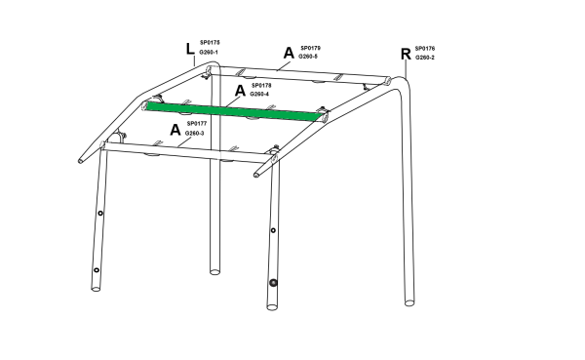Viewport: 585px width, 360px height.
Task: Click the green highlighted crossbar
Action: click(234, 111)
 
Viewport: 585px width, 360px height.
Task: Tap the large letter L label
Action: click(190, 49)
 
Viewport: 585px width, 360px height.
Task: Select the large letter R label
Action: click(406, 55)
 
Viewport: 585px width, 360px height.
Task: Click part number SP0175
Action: click(210, 43)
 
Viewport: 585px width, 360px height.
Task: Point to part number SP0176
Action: click(425, 49)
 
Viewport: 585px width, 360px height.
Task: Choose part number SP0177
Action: click(197, 124)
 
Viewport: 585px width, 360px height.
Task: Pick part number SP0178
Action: click(261, 86)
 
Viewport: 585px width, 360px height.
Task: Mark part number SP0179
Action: click(310, 48)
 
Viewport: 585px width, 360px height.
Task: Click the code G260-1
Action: click(209, 53)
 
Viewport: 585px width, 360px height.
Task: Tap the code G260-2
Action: click(425, 58)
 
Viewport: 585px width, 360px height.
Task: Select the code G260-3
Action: click(194, 134)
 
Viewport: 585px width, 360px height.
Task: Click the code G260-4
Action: click(259, 94)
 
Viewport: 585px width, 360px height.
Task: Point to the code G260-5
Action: click(308, 57)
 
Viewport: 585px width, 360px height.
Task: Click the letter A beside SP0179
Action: click(289, 53)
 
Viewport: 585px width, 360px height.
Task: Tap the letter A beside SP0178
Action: click(240, 91)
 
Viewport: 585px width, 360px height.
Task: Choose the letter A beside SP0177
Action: click(175, 130)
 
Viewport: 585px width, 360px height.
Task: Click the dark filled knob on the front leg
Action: click(273, 283)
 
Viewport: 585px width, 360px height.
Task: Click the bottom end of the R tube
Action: click(409, 302)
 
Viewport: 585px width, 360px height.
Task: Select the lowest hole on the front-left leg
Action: click(97, 270)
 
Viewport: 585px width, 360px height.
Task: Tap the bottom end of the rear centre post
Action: click(214, 271)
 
